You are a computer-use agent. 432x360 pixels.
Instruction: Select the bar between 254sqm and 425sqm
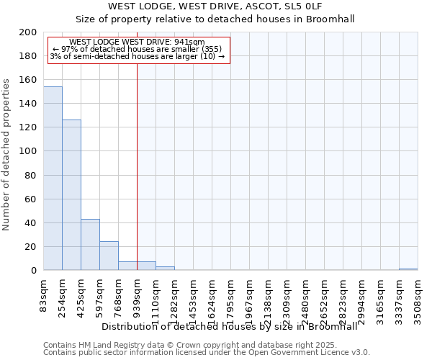[x=71, y=195]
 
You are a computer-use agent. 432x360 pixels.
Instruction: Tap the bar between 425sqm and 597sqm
[x=90, y=245]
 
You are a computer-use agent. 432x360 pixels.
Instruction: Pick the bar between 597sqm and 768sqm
[x=109, y=256]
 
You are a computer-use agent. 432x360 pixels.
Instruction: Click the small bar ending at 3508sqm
[x=408, y=269]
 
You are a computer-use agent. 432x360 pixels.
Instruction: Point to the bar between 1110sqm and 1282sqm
[x=165, y=269]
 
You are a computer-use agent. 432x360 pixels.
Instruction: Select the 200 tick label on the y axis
[x=29, y=32]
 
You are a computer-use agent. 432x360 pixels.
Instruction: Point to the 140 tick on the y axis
[x=29, y=104]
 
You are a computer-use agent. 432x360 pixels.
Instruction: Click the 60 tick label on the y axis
[x=31, y=199]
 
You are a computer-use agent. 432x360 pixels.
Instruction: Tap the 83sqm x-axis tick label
[x=44, y=292]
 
